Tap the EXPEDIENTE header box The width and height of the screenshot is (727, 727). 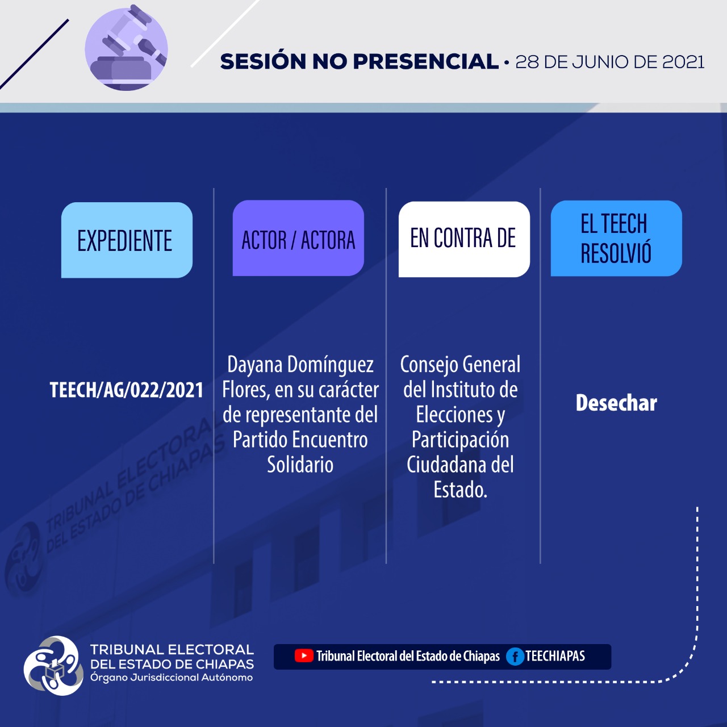pos(127,240)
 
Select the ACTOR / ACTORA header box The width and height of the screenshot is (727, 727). pos(298,238)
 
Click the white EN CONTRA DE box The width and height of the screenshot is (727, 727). pos(464,239)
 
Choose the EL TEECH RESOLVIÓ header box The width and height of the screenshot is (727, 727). pos(616,239)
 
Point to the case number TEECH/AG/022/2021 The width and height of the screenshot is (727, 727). pos(127,390)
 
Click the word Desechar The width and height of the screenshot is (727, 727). pos(616,403)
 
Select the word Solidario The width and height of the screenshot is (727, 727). pos(300,465)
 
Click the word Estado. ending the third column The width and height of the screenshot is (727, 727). pos(460,490)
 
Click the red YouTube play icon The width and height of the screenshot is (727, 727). pos(304,656)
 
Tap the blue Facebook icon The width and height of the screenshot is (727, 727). pos(515,657)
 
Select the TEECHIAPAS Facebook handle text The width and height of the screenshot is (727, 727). pos(555,656)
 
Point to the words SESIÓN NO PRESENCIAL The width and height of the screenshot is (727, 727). pos(360,61)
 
